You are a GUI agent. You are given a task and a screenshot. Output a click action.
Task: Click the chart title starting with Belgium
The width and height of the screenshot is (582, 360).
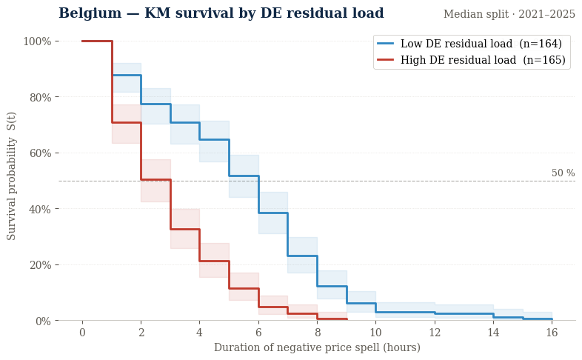pos(221,14)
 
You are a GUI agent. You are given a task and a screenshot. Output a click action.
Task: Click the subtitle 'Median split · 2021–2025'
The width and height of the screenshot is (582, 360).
pos(509,15)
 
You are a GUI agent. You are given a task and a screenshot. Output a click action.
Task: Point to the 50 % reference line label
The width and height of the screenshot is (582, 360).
pos(563,173)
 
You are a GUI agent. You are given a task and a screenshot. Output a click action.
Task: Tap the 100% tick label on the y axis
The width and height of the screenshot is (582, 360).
pos(37,41)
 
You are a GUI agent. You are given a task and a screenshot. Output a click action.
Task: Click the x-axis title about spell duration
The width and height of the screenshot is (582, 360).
pos(317,348)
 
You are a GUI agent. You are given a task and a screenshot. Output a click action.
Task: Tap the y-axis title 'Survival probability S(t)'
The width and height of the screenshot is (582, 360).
pos(12,176)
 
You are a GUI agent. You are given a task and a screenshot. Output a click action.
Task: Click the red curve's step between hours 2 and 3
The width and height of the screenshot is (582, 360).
pos(155,179)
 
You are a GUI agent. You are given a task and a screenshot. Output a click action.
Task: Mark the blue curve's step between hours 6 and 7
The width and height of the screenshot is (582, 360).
pos(272,213)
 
